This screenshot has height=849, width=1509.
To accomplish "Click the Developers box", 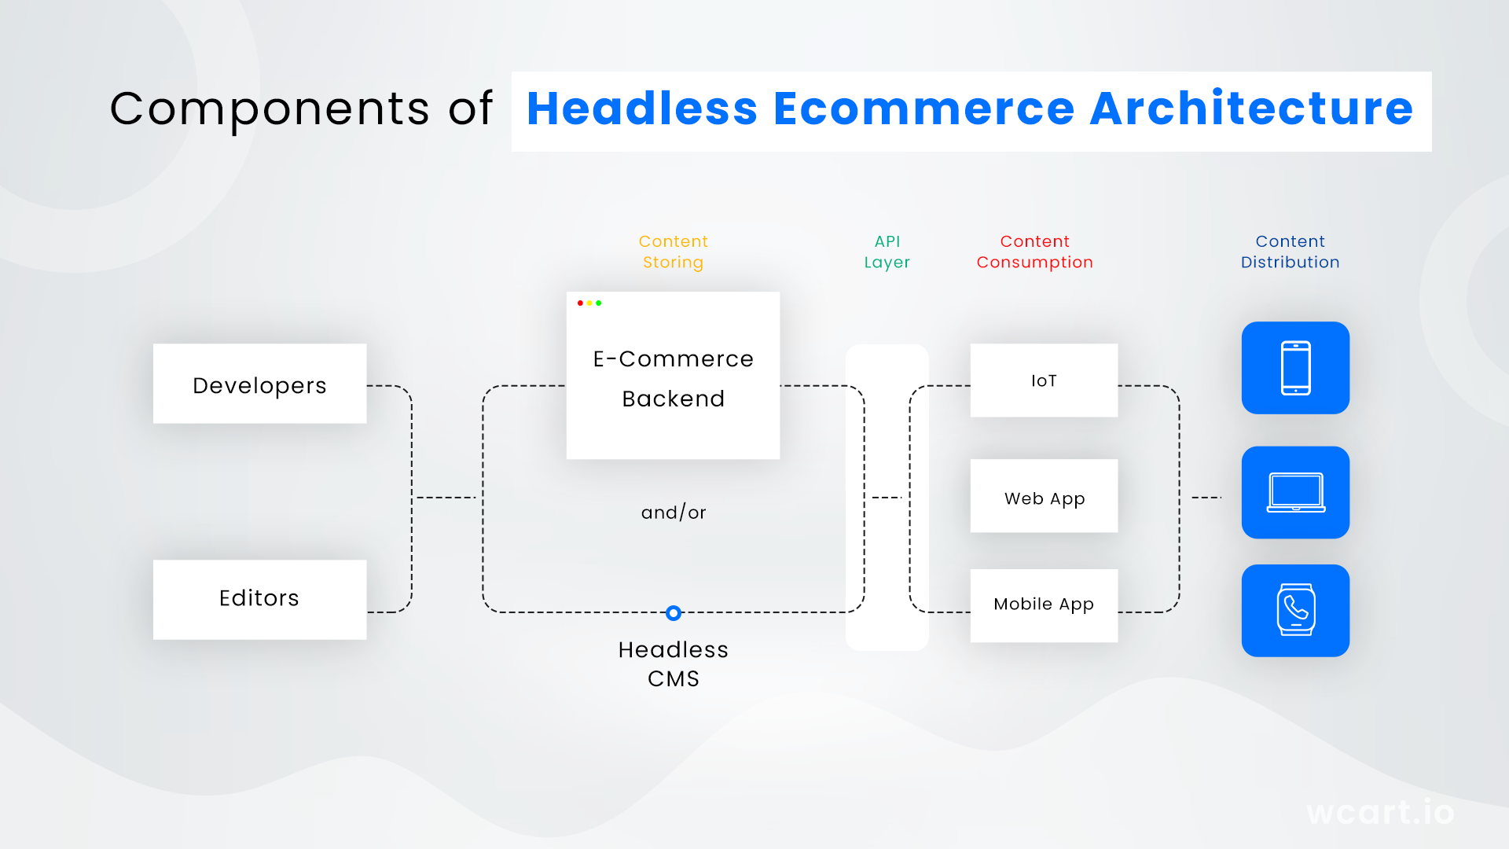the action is coord(259,384).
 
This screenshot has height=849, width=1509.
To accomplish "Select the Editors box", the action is coord(259,599).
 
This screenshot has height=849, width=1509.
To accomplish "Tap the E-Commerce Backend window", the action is coord(673,376).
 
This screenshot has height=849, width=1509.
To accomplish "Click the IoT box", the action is coord(1044,380).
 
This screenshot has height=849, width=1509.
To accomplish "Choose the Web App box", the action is coord(1044,496).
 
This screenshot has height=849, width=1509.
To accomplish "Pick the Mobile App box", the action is coord(1044,605).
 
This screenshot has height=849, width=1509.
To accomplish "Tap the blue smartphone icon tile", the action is coord(1295,368).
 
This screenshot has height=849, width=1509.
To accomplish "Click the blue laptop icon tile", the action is coord(1295,493).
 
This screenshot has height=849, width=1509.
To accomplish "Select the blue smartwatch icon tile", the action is coord(1295,611).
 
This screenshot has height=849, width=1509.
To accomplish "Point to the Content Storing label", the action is coord(673,252).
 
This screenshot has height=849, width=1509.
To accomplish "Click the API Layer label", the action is coord(887,252).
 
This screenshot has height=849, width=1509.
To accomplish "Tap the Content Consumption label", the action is coord(1034,252).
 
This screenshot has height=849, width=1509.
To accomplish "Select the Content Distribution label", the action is coord(1290,252).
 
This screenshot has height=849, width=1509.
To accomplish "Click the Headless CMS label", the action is coord(674,664).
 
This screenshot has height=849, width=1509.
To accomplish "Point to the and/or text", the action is coord(674,513).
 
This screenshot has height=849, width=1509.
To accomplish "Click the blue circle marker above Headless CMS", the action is coord(674,613).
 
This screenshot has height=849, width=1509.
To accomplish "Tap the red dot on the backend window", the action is coord(580,303).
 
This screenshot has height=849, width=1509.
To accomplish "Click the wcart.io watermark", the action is coord(1380,812).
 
